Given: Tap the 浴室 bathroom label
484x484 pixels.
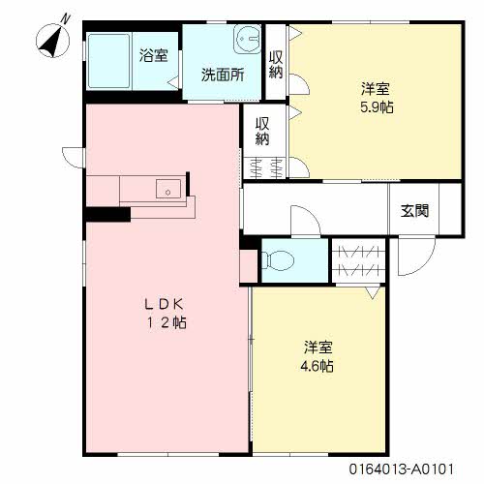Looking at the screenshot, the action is click(x=154, y=55).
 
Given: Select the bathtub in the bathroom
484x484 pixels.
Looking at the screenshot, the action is click(x=108, y=61).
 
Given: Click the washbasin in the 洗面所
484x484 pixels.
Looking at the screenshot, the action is click(x=248, y=40).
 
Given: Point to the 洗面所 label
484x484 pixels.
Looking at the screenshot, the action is click(x=223, y=75).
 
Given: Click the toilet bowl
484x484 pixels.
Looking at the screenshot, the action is click(x=278, y=260).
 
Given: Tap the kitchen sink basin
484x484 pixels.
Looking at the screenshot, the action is click(x=168, y=189).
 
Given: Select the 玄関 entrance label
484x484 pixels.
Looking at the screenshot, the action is click(x=414, y=211).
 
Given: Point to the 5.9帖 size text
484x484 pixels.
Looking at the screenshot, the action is click(x=377, y=107).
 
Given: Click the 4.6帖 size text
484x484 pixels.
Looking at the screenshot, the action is click(x=317, y=366).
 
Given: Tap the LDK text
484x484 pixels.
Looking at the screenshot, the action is click(x=165, y=304).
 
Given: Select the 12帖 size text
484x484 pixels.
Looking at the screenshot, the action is click(x=166, y=322).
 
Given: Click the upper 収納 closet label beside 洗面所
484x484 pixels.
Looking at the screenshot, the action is click(x=276, y=65).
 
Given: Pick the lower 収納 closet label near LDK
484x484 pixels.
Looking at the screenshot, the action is click(x=262, y=132).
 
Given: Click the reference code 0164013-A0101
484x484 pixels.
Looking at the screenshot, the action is click(x=402, y=469).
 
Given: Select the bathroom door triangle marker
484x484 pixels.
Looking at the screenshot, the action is click(x=173, y=82).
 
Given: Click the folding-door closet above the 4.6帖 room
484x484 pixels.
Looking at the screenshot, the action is click(x=359, y=260).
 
